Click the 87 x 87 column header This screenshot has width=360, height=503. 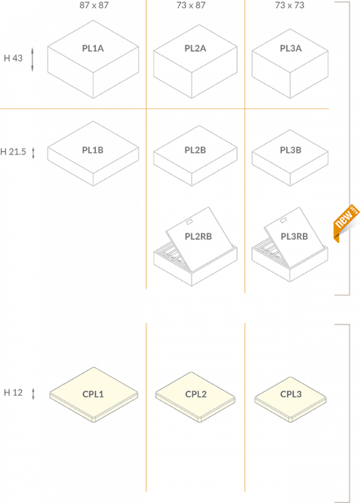click(x=94, y=5)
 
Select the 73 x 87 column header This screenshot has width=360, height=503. click(x=191, y=5)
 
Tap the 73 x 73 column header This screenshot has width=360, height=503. click(x=290, y=5)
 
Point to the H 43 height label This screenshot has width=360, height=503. click(x=13, y=58)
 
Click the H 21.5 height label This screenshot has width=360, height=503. click(x=13, y=152)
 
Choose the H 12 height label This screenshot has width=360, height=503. click(x=13, y=392)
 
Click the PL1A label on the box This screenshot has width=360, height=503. click(x=93, y=49)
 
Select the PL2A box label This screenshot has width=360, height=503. click(x=195, y=49)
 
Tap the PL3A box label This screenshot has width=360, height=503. click(x=290, y=49)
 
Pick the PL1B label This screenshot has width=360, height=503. click(x=93, y=150)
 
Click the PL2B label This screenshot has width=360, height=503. click(x=195, y=150)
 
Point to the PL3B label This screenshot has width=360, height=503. click(x=290, y=150)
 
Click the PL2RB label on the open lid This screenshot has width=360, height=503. click(x=198, y=236)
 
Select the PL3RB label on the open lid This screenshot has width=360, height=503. click(x=295, y=236)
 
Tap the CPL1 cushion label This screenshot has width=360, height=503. click(x=93, y=394)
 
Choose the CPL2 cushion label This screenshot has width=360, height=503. click(x=196, y=394)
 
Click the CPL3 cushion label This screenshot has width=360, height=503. click(x=291, y=394)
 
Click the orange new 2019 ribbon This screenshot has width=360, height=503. click(x=346, y=222)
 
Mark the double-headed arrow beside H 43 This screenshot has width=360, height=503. click(x=32, y=59)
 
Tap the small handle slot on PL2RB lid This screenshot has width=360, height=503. click(x=190, y=222)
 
